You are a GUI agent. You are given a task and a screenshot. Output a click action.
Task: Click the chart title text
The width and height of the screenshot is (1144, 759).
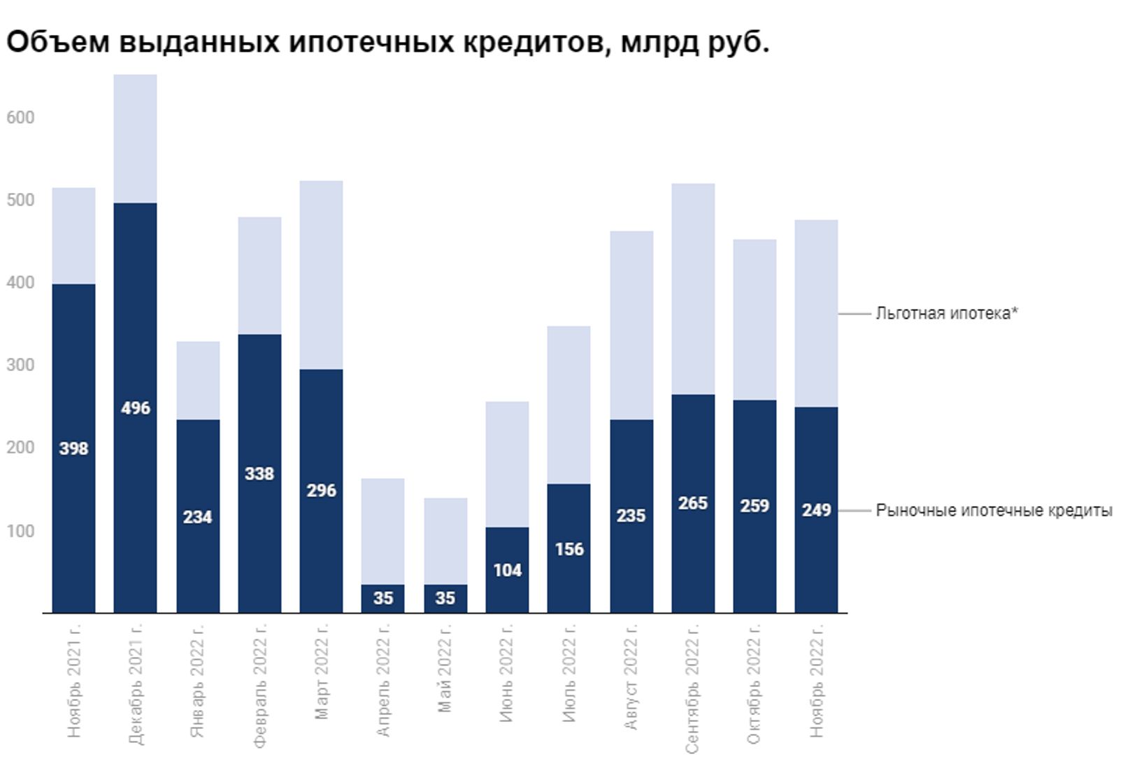coord(387,42)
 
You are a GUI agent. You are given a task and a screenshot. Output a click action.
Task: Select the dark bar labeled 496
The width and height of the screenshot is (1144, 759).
coord(135,489)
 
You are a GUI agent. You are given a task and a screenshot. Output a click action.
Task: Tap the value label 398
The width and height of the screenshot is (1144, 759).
coord(73,449)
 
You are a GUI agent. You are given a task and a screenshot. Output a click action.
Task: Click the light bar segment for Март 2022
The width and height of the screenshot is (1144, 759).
coord(321,275)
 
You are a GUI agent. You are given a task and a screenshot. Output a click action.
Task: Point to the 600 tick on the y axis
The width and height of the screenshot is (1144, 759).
coord(20,117)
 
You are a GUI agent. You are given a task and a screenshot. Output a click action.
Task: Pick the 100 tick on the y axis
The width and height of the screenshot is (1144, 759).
coord(20,531)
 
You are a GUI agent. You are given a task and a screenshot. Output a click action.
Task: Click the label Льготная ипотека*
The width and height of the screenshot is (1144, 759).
coord(946,314)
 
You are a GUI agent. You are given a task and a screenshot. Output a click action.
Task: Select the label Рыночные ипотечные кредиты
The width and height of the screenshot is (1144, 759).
coord(994,511)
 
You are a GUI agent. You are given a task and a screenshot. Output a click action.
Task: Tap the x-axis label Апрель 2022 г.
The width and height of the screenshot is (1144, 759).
coord(382,679)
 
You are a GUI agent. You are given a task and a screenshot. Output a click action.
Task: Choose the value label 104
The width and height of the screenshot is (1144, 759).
coord(507,570)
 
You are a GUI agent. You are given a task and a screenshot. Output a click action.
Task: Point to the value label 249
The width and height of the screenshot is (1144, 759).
coord(816,510)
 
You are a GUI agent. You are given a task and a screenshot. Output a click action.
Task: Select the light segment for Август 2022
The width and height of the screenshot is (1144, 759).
coord(631,325)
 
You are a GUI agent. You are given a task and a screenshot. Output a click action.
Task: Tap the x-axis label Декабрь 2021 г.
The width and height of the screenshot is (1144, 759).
coord(136,684)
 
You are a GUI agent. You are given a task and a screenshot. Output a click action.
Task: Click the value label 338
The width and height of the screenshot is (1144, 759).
coord(259,474)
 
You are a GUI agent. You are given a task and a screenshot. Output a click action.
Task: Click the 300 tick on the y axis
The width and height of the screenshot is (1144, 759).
coord(20,366)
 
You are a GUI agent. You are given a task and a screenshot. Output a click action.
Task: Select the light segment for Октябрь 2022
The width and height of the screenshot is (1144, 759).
coord(755,319)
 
